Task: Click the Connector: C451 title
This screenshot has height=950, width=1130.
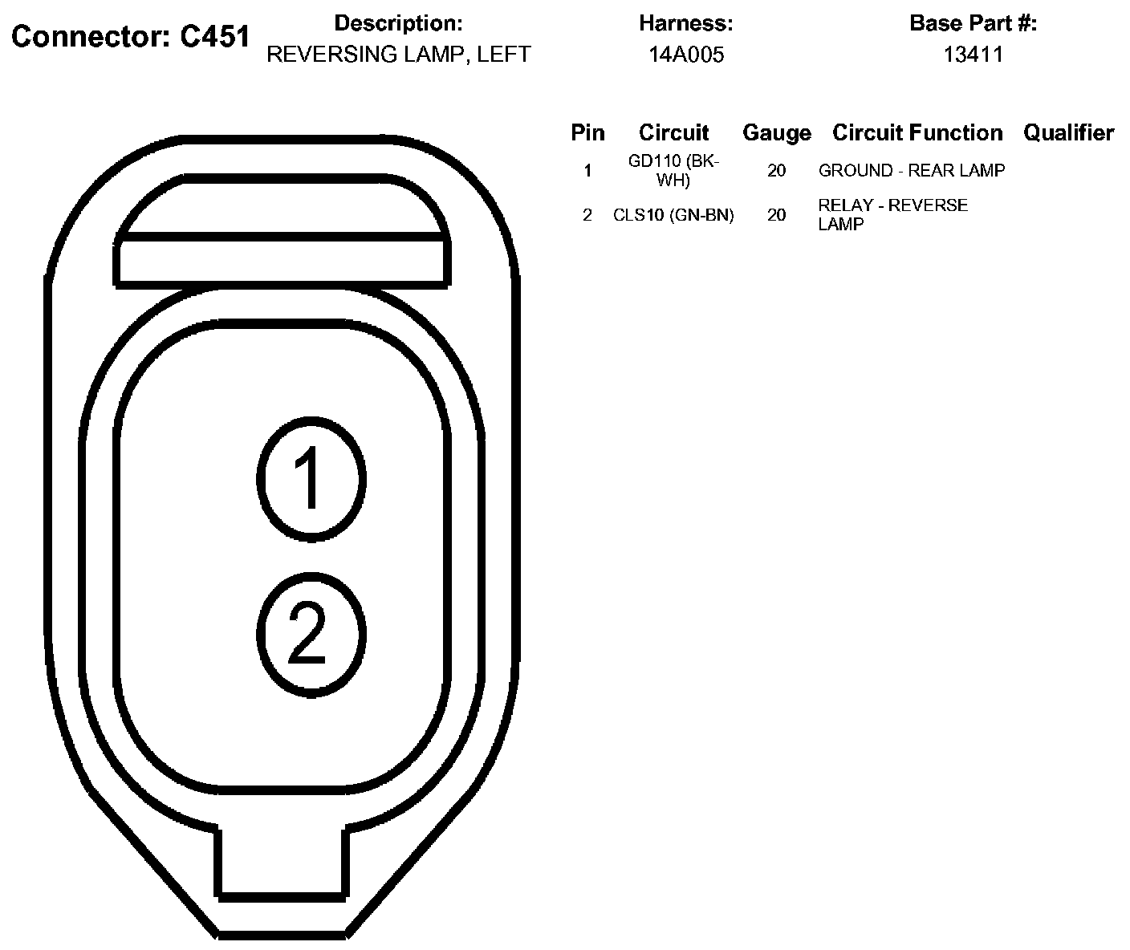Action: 131,37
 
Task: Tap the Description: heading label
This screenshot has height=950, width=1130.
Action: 398,23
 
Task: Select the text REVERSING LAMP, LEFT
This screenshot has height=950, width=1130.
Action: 398,55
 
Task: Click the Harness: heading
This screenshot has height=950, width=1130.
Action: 686,23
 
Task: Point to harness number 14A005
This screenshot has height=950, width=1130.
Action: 686,55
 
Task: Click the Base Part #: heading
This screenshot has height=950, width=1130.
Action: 973,23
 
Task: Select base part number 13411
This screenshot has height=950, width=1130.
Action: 973,55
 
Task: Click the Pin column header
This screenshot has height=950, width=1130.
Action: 587,132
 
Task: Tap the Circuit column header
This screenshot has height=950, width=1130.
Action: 673,132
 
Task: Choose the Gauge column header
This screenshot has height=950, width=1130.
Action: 776,132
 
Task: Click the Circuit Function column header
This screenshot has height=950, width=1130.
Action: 917,132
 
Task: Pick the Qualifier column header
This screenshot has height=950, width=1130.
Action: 1068,132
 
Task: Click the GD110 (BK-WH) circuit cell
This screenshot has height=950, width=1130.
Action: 673,171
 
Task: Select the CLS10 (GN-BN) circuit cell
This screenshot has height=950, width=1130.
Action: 673,215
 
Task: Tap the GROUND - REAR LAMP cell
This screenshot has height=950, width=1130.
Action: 911,171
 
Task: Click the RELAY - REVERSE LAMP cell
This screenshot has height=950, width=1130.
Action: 892,215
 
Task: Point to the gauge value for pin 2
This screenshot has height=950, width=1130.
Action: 776,215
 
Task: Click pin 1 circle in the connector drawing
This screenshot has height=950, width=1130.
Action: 311,478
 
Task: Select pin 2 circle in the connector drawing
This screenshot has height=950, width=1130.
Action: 311,633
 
